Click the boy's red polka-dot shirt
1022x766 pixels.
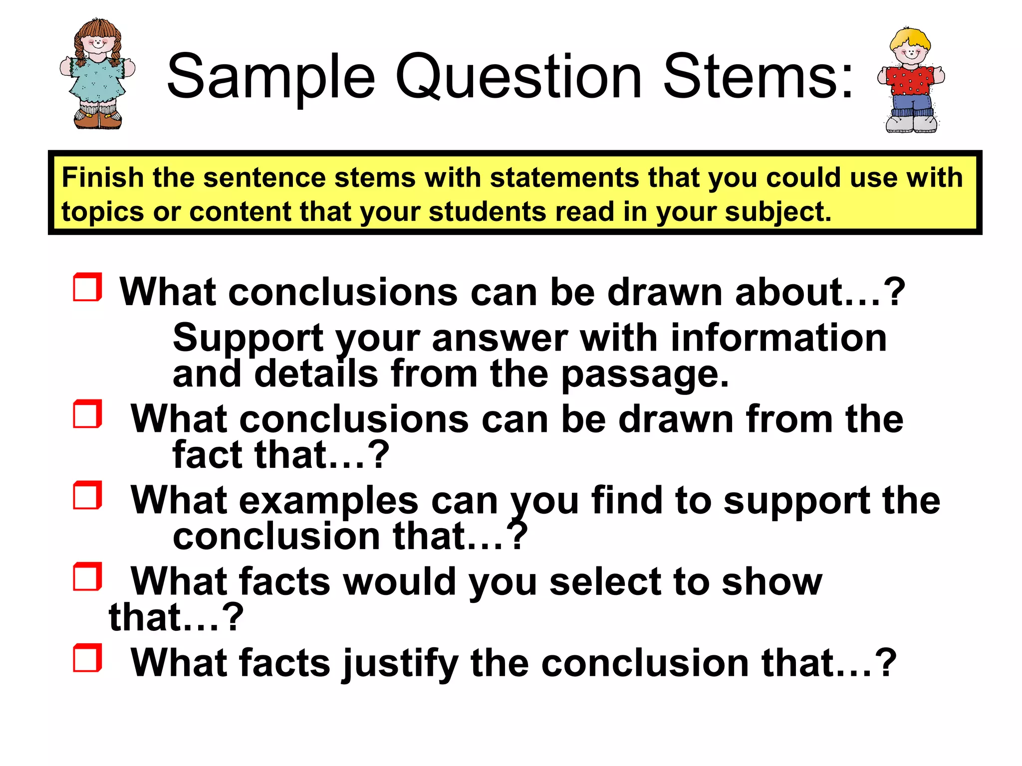point(910,80)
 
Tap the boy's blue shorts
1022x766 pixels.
point(911,105)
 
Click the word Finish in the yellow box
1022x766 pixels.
point(103,178)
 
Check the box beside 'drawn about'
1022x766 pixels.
point(87,287)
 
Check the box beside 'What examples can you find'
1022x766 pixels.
point(87,495)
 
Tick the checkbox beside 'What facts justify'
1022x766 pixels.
point(87,658)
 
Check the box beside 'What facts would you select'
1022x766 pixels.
point(87,576)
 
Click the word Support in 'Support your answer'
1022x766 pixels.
point(248,338)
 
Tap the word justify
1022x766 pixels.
point(399,663)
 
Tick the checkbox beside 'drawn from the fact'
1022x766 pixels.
point(87,414)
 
